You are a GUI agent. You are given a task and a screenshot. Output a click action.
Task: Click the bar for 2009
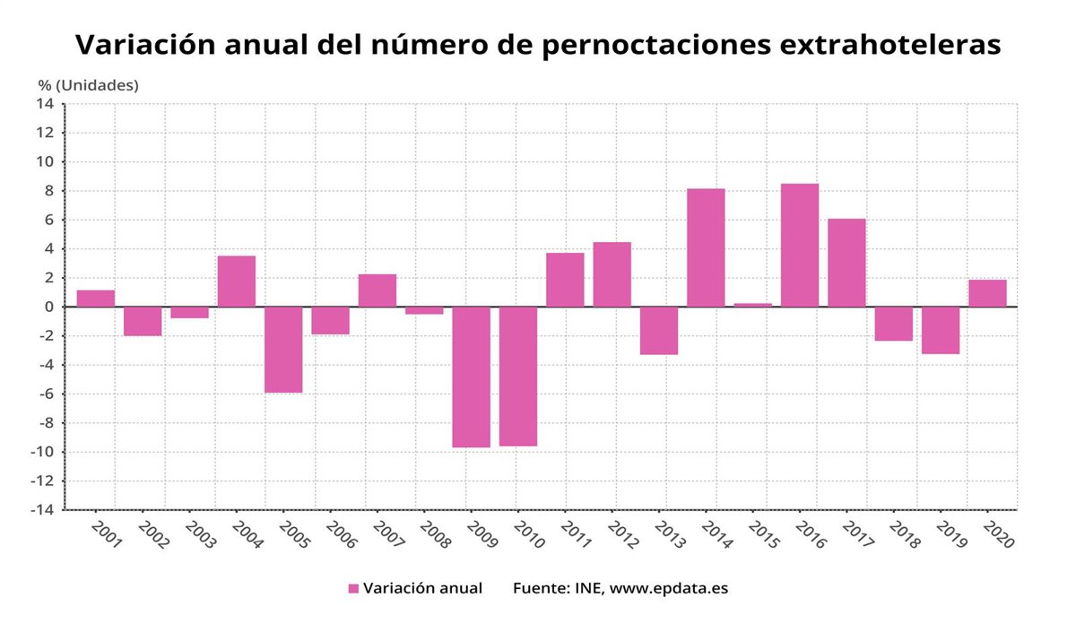[471, 377]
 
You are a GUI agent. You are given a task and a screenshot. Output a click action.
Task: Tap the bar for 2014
[706, 247]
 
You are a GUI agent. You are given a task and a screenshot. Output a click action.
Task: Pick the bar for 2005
[283, 350]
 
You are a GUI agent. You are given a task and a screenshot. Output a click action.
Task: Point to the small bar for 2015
[753, 305]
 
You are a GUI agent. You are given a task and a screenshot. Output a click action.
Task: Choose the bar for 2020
[987, 293]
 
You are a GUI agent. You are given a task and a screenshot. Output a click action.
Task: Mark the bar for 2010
[518, 377]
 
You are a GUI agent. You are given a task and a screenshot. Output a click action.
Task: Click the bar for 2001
[96, 299]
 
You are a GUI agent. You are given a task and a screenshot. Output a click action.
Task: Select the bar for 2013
[659, 331]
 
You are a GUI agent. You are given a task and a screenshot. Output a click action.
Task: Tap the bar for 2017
[846, 263]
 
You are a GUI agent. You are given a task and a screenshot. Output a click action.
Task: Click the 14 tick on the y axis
[45, 103]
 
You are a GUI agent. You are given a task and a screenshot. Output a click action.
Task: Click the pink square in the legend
[353, 589]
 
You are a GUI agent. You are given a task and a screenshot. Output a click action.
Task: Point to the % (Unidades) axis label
[88, 85]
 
